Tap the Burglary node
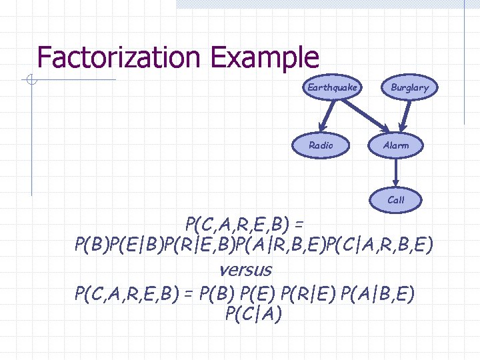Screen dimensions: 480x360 [409, 87]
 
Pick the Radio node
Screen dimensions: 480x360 [321, 145]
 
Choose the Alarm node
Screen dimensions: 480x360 [396, 145]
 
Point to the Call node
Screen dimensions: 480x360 [396, 199]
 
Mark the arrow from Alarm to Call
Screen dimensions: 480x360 [396, 173]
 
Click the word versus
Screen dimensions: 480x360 [245, 269]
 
